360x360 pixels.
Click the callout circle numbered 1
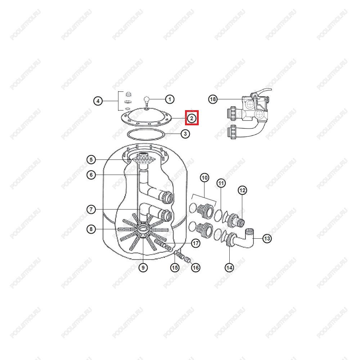pyautogui.click(x=170, y=99)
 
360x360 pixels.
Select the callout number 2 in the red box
pyautogui.click(x=192, y=118)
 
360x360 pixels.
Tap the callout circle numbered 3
pyautogui.click(x=185, y=134)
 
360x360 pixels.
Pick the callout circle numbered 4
pyautogui.click(x=98, y=101)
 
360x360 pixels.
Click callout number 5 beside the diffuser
pyautogui.click(x=91, y=159)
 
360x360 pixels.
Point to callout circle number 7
pyautogui.click(x=91, y=210)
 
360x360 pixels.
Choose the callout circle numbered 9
pyautogui.click(x=143, y=267)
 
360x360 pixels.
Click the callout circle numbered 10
pyautogui.click(x=204, y=178)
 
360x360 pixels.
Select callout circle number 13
pyautogui.click(x=267, y=239)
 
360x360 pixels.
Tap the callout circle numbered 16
pyautogui.click(x=195, y=267)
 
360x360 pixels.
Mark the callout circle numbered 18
pyautogui.click(x=213, y=99)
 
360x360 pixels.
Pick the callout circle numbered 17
pyautogui.click(x=195, y=243)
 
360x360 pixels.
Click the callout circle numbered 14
pyautogui.click(x=229, y=267)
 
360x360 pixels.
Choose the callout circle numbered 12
pyautogui.click(x=242, y=190)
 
